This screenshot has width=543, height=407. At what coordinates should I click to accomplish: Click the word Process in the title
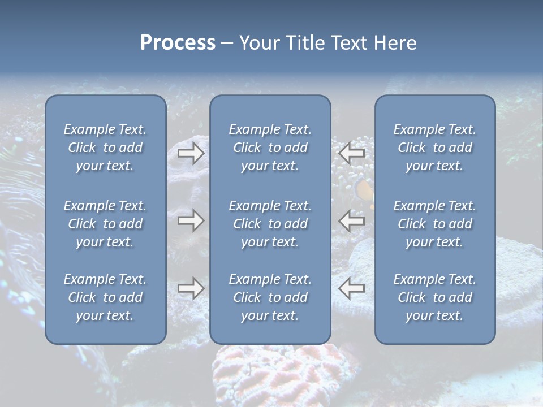coord(178,43)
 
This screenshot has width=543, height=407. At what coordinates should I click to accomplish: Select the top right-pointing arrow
coord(191,153)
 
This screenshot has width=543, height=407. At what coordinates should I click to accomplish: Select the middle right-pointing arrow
coord(191,220)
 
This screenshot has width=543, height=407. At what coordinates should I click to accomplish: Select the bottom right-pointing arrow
coord(191,288)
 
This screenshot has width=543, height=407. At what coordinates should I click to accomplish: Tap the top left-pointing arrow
coord(351,153)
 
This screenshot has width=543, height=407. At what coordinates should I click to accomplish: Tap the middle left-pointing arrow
coord(351,220)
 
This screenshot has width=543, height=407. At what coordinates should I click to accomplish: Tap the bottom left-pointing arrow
coord(351,288)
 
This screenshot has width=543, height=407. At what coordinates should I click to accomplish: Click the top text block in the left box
coord(105,148)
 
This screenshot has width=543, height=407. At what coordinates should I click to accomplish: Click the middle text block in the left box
coord(105,224)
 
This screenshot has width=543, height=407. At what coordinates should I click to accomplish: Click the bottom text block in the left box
coord(105,297)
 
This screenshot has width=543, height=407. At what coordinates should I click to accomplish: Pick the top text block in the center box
coord(270,148)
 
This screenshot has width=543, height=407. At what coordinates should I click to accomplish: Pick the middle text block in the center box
coord(270,224)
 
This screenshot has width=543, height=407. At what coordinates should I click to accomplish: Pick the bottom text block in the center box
coord(270,297)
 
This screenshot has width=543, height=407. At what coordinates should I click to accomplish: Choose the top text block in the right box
coord(435,148)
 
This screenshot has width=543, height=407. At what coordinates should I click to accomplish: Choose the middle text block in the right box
coord(435,224)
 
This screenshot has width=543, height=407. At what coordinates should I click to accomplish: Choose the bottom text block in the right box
coord(435,297)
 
